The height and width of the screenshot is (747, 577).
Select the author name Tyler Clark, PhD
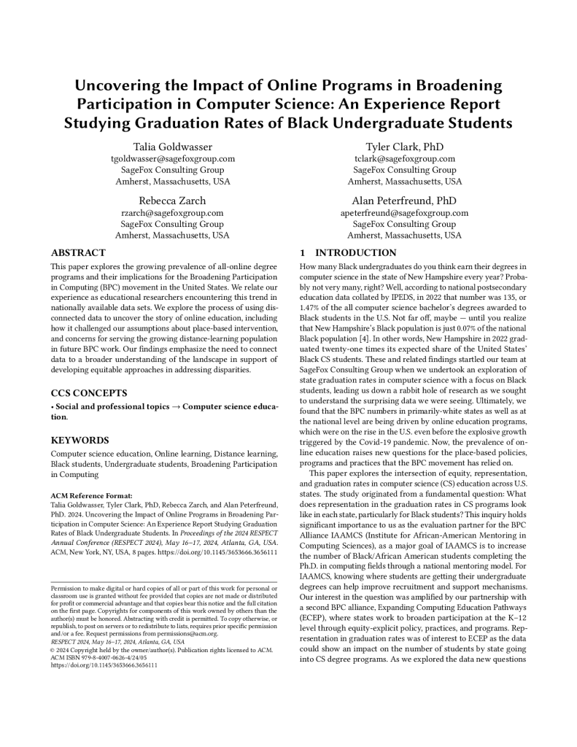(x=404, y=147)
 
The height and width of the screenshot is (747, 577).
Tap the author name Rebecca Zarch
(x=172, y=201)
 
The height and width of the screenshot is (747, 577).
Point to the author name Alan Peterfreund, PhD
(x=404, y=201)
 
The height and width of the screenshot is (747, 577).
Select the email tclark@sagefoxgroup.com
(x=404, y=158)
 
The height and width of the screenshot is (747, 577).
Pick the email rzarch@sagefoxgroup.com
(x=172, y=213)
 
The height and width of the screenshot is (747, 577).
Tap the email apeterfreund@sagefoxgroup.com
(x=404, y=213)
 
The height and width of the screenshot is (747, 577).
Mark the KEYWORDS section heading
(x=80, y=441)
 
